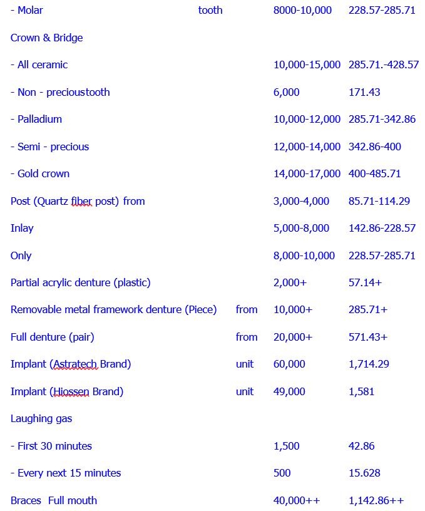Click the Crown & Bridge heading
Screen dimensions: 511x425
coord(46,38)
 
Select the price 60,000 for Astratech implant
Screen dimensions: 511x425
coord(289,364)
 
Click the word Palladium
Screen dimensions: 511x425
coord(39,119)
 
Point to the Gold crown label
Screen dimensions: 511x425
coord(43,173)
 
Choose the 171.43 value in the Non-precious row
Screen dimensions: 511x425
coord(364,92)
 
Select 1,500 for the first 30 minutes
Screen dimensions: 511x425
coord(286,446)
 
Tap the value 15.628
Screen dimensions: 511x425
coord(364,473)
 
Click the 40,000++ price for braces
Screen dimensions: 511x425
coord(297,500)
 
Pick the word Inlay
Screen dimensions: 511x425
coord(22,228)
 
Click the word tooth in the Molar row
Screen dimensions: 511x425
coord(210,10)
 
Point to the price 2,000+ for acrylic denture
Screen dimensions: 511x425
coord(290,282)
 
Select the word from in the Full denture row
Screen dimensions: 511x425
coord(247,337)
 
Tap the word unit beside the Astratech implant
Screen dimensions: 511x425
coord(245,364)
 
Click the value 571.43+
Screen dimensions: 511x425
coord(367,337)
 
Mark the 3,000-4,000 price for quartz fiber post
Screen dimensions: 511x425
coord(301,201)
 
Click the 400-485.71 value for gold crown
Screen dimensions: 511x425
coord(374,173)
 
